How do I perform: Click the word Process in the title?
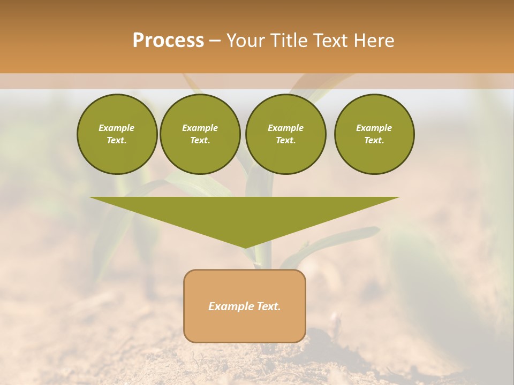click(168, 41)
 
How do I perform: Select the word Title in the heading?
click(288, 41)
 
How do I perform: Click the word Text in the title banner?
click(331, 41)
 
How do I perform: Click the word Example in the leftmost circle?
click(117, 128)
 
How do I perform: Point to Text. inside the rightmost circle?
click(374, 140)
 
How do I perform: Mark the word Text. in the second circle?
click(200, 140)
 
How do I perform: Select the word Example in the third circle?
click(285, 128)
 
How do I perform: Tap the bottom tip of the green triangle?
click(245, 247)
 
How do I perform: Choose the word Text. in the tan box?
click(268, 306)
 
